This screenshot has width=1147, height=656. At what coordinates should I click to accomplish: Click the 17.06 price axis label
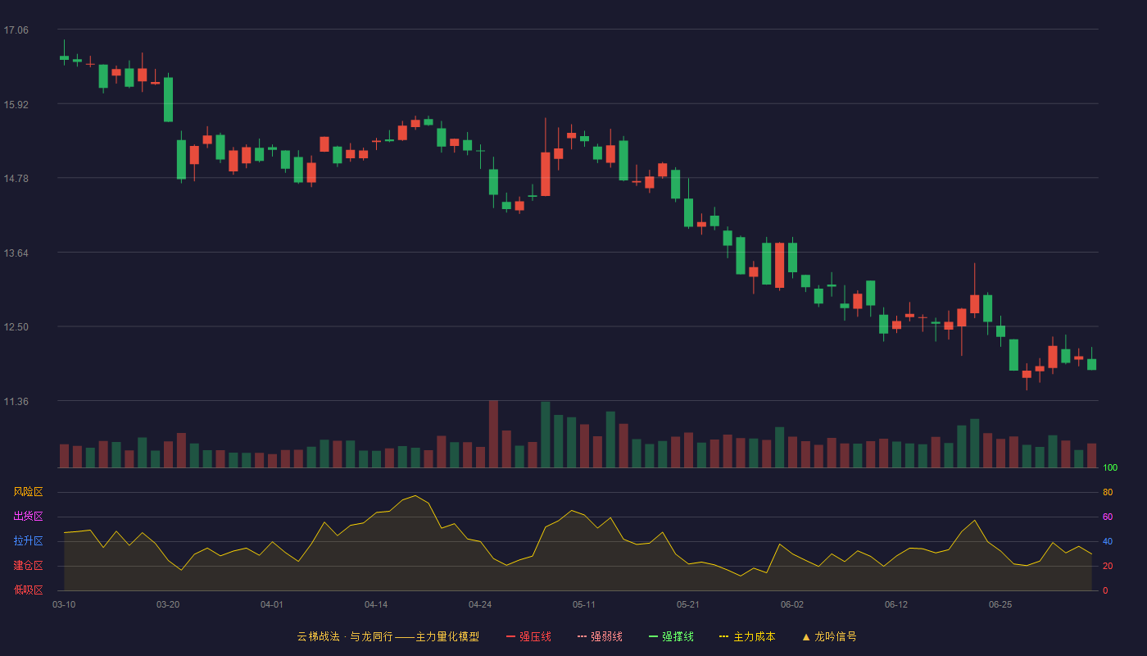[16, 30]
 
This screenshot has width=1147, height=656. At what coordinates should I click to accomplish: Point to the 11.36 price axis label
[16, 402]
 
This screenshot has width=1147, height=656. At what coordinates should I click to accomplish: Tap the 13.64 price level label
[16, 253]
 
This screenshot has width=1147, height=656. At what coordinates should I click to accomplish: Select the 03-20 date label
[168, 605]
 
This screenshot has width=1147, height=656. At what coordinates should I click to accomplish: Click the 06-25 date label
[1000, 605]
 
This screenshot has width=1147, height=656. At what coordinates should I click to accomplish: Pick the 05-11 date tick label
[584, 605]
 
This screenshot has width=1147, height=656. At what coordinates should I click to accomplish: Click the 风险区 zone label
[28, 492]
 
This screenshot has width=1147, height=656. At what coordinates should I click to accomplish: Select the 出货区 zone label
[28, 516]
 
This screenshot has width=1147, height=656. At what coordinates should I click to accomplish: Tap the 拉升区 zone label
[28, 540]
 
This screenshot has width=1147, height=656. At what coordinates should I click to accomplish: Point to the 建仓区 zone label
[28, 565]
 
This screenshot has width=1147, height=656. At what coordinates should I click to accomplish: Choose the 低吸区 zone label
[28, 590]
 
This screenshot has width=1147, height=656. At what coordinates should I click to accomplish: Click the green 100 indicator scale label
[1110, 467]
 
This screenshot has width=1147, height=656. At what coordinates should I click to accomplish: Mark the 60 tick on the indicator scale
[1108, 517]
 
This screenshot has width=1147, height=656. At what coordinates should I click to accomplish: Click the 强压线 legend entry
[528, 636]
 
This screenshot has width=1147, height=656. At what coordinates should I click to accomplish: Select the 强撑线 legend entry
[671, 636]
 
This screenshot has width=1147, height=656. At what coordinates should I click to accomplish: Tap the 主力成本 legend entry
[747, 636]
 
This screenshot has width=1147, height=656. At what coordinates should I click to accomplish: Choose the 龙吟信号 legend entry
[829, 636]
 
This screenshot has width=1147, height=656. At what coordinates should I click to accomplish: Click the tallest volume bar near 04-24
[493, 434]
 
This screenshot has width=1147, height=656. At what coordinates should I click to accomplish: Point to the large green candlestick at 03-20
[168, 99]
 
